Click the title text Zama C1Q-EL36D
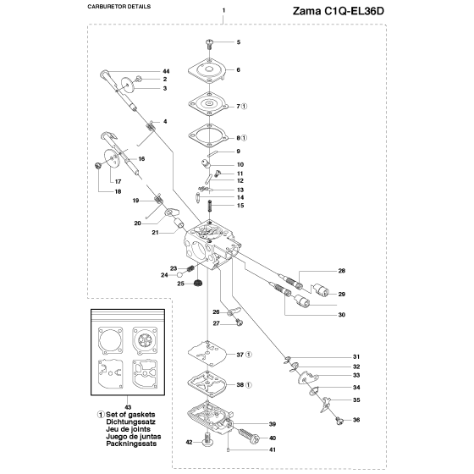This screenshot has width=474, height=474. tap(339, 11)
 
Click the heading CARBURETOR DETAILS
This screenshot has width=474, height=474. tap(119, 7)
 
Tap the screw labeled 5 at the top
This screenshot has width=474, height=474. tap(209, 45)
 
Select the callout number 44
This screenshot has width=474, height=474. tap(166, 71)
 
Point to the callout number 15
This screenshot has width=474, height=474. tap(240, 206)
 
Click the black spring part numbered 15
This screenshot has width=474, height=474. tap(211, 206)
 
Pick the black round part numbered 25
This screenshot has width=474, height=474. tap(198, 284)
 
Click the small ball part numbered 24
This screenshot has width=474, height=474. tap(179, 274)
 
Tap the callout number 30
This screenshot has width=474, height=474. tap(342, 315)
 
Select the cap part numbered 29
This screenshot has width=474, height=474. tap(322, 290)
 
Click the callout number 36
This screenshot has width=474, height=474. tap(356, 420)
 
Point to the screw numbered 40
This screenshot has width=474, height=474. tap(250, 435)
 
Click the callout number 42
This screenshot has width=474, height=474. tap(189, 442)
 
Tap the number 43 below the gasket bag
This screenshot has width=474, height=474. tap(128, 407)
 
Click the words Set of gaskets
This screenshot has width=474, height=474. tap(130, 415)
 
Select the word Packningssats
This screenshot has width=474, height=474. tap(131, 444)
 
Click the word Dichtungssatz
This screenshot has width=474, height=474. tap(130, 422)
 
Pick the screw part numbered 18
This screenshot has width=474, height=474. tap(97, 166)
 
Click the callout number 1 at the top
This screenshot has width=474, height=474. tap(223, 10)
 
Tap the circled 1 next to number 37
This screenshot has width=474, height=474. tap(249, 355)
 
